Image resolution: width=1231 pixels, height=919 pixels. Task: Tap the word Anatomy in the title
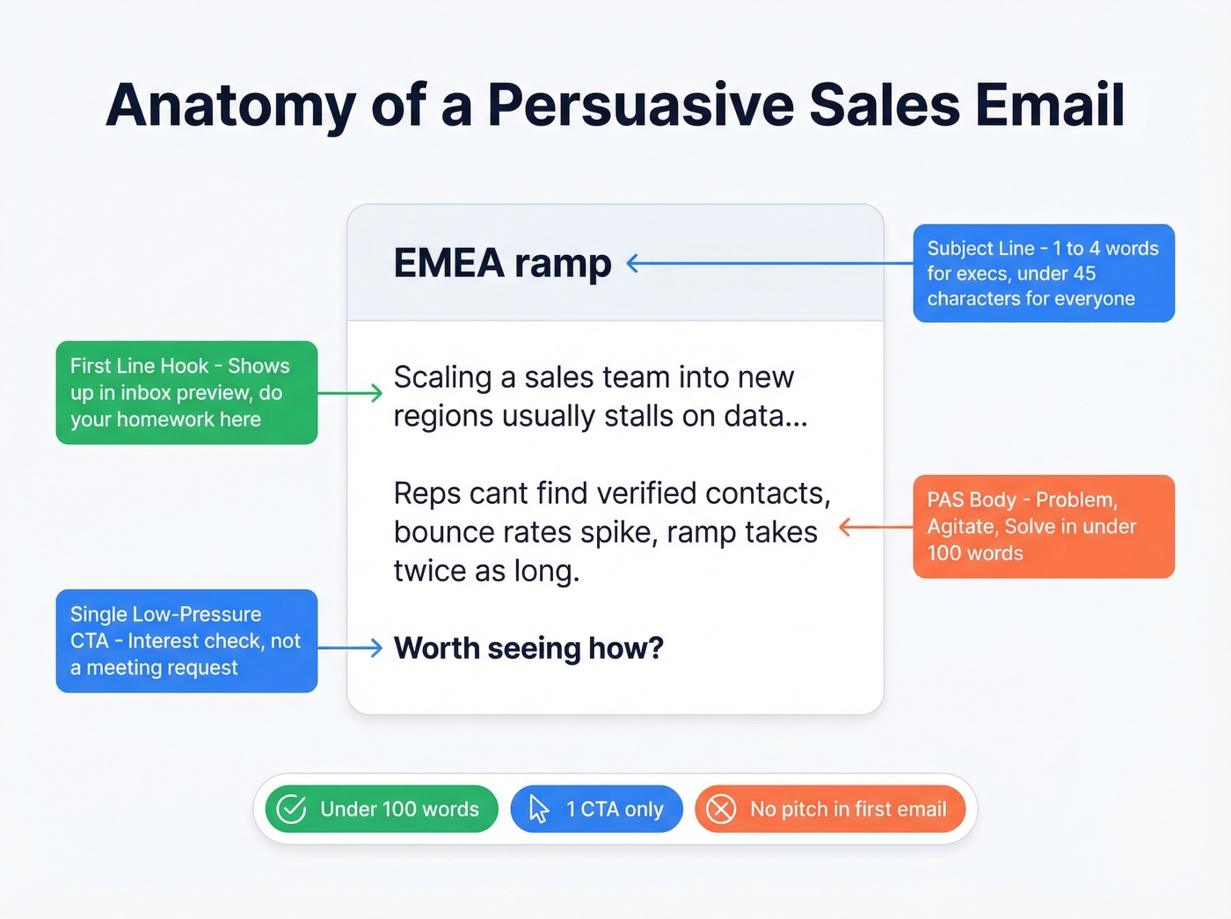tap(230, 106)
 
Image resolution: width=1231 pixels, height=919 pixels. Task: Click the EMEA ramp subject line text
tap(502, 263)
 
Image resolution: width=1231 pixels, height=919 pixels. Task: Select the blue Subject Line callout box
tap(1044, 274)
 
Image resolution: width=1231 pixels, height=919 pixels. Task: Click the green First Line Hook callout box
tap(186, 392)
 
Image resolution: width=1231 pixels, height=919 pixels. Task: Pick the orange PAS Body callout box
tap(1044, 526)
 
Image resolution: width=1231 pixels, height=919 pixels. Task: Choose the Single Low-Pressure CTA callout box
tap(186, 640)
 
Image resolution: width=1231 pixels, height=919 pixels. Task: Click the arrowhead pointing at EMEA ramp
tap(631, 263)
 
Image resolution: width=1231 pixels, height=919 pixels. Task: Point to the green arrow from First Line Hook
tap(350, 393)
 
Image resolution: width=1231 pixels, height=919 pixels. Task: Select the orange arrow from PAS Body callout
tap(876, 527)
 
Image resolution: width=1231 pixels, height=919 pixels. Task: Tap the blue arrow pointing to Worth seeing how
tap(350, 648)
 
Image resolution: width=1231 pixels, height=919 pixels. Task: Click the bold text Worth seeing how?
tap(528, 648)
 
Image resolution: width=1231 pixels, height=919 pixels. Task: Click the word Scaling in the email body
tap(442, 377)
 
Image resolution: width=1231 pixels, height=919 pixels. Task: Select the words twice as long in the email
tap(486, 572)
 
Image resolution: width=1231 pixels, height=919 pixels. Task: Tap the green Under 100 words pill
tap(382, 809)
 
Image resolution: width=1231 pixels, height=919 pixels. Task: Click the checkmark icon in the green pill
tap(291, 809)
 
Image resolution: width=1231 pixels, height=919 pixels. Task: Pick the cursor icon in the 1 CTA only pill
tap(539, 809)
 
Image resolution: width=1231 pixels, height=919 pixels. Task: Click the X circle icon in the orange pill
tap(721, 809)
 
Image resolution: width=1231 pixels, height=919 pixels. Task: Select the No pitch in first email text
tap(848, 809)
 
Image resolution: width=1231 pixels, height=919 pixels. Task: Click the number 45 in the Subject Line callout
tap(1083, 274)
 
